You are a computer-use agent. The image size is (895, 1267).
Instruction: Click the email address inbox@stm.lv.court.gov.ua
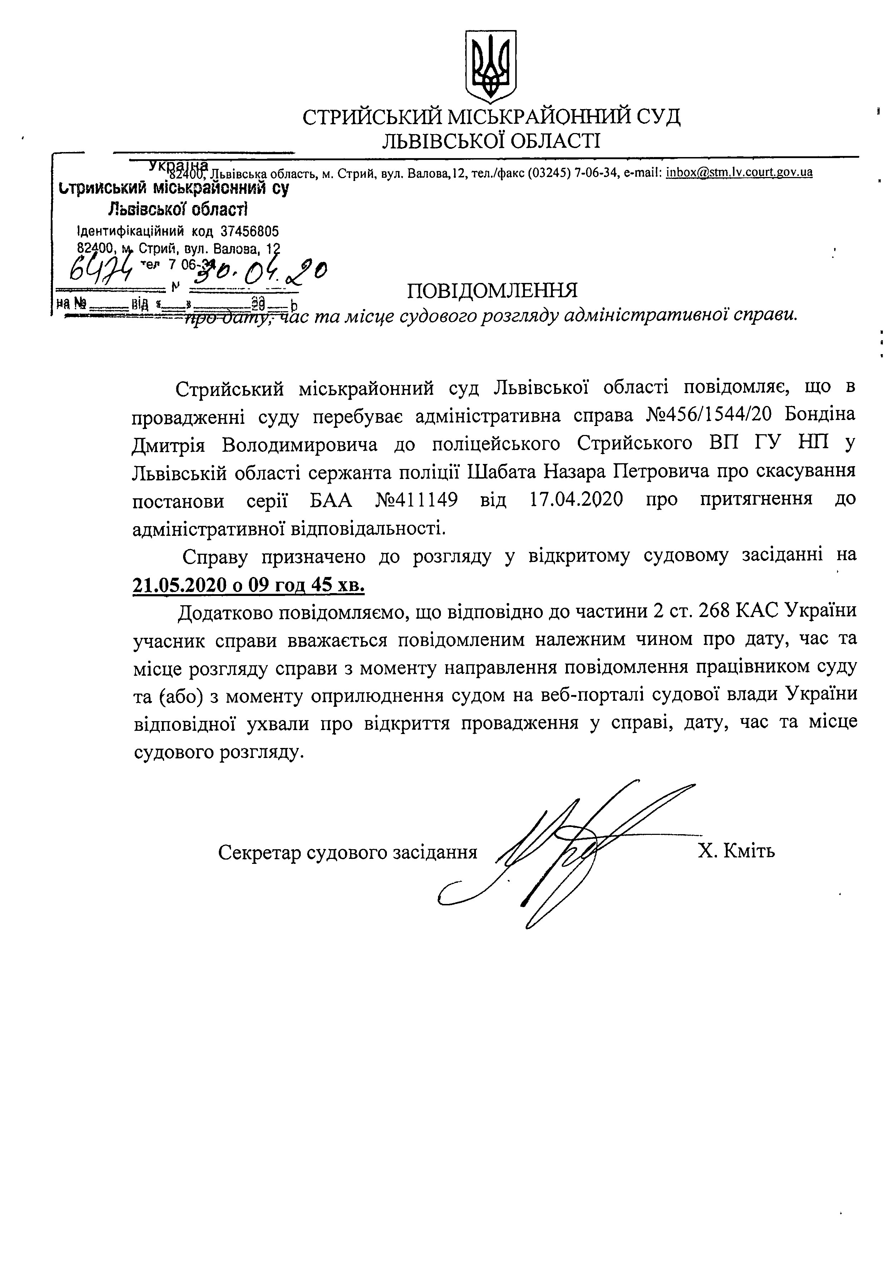pos(739,172)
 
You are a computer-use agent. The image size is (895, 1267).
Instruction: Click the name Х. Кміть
pos(737,851)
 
